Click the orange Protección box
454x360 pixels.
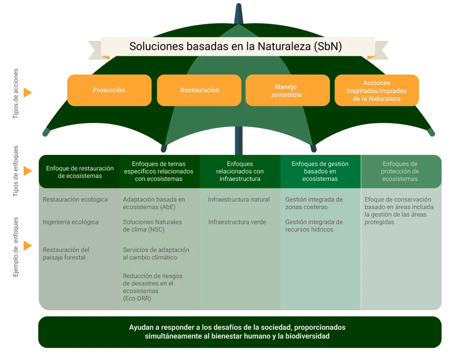point(109,90)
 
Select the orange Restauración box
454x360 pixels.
point(199,90)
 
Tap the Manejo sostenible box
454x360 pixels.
point(288,90)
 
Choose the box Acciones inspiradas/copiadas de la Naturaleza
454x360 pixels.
point(377,90)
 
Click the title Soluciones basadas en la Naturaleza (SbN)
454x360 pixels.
point(236,46)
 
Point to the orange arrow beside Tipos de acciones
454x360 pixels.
point(28,92)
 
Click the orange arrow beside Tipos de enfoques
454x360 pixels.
point(28,171)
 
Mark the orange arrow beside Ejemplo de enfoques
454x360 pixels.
point(28,246)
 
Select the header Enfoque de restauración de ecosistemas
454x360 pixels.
point(80,172)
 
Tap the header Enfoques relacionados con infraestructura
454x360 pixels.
point(240,171)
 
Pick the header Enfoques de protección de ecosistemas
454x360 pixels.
point(400,171)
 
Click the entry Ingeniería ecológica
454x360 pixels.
point(71,222)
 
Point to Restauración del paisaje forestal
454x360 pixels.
point(66,254)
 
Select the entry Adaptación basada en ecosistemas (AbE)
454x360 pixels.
point(154,203)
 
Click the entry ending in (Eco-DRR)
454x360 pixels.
point(152,287)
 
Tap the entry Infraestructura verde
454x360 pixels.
point(237,222)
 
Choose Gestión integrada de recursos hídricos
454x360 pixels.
point(314,226)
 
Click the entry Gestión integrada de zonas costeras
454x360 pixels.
point(314,203)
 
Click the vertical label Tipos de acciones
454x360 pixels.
point(16,93)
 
